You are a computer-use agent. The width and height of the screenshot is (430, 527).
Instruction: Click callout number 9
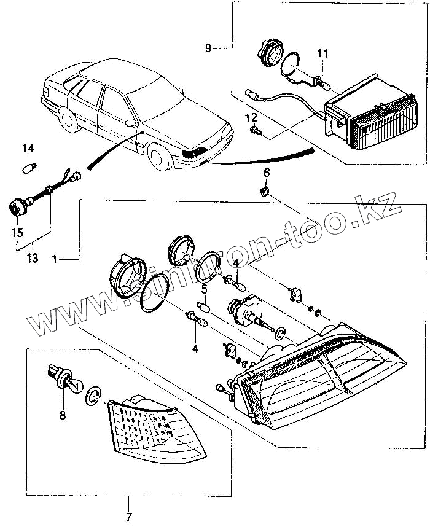[208, 48]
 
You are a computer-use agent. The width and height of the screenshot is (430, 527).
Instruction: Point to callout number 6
[267, 173]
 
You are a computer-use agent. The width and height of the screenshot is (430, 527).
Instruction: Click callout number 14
[28, 148]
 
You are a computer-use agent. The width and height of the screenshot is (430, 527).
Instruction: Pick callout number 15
[17, 232]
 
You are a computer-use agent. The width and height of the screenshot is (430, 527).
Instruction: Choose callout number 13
[33, 259]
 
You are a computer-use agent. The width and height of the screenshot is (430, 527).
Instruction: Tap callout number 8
[63, 415]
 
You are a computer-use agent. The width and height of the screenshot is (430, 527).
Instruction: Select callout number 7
[128, 517]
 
